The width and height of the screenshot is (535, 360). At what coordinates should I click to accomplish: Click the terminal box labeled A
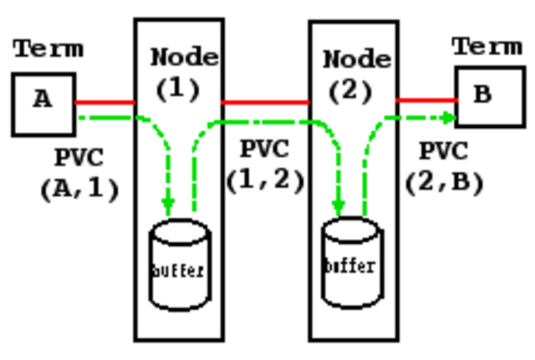tap(43, 104)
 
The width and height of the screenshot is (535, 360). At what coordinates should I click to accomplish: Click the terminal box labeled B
tap(490, 96)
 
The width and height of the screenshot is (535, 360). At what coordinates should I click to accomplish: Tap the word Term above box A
tap(48, 48)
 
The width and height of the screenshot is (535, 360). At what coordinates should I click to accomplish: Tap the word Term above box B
tap(487, 46)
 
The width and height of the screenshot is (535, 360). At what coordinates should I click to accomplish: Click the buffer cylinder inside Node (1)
tap(179, 265)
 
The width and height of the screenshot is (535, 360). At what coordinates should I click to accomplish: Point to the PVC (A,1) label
tap(79, 173)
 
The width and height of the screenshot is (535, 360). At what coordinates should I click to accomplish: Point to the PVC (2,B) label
tap(444, 167)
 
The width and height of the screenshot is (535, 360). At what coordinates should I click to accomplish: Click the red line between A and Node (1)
tap(104, 103)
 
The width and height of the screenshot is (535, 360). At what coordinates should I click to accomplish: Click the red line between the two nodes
tap(265, 103)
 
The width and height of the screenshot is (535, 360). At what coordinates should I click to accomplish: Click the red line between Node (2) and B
tap(426, 100)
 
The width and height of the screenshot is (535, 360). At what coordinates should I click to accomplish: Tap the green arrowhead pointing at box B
tap(450, 117)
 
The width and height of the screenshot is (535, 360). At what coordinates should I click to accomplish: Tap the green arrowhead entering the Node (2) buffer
tap(339, 205)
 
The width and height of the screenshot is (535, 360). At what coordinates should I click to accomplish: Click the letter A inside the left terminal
tap(42, 99)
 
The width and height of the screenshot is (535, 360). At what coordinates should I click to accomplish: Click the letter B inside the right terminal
tap(482, 94)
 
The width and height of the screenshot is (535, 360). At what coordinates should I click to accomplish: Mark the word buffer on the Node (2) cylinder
tap(350, 266)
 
